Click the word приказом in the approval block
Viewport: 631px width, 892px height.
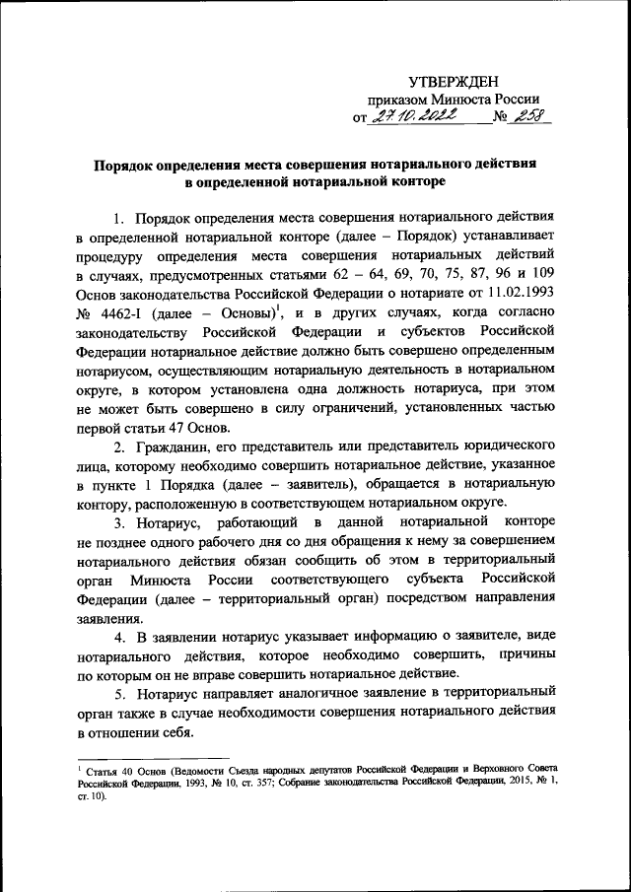click(x=399, y=100)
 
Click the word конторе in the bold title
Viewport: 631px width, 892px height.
click(x=417, y=181)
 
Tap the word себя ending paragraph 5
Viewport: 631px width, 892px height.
click(x=175, y=733)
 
